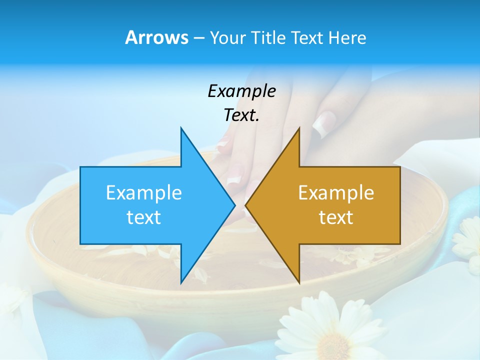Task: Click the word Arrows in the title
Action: tap(156, 37)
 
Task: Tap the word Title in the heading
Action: tap(268, 38)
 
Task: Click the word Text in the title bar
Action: tap(308, 38)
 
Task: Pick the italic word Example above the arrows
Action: tap(241, 91)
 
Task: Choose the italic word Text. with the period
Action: tap(241, 115)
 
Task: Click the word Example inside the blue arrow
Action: tap(144, 192)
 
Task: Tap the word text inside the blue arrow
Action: tap(144, 217)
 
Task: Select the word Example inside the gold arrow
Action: tap(336, 192)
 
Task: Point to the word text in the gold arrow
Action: tap(336, 217)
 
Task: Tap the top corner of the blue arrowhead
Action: tap(181, 128)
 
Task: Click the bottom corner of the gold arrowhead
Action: tap(299, 282)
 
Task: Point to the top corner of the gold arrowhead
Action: tap(299, 128)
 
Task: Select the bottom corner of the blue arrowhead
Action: tap(181, 282)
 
